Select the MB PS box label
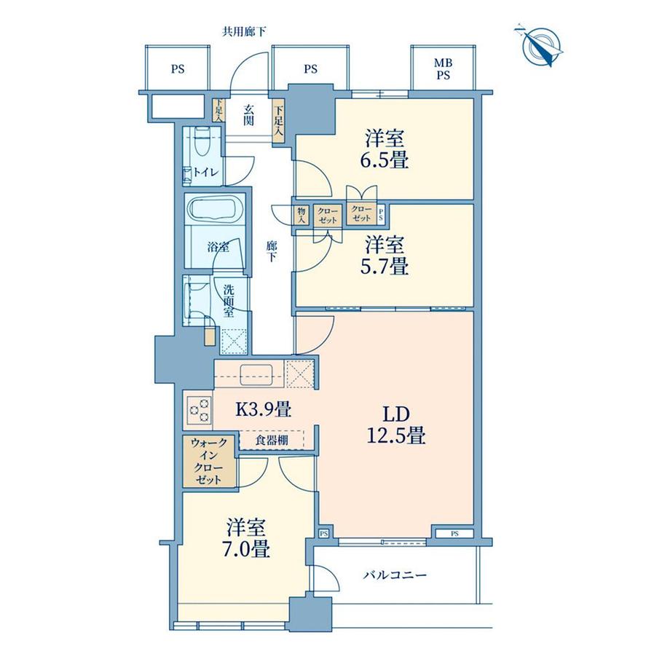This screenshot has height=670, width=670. point(442,70)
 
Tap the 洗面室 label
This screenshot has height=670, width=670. point(228,299)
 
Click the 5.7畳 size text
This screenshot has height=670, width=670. point(386,267)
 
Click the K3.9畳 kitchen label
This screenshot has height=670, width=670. point(262,409)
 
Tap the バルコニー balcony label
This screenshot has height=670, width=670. point(394,575)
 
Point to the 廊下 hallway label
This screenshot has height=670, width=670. point(271,251)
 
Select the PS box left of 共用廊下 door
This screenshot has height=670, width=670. point(177,70)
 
